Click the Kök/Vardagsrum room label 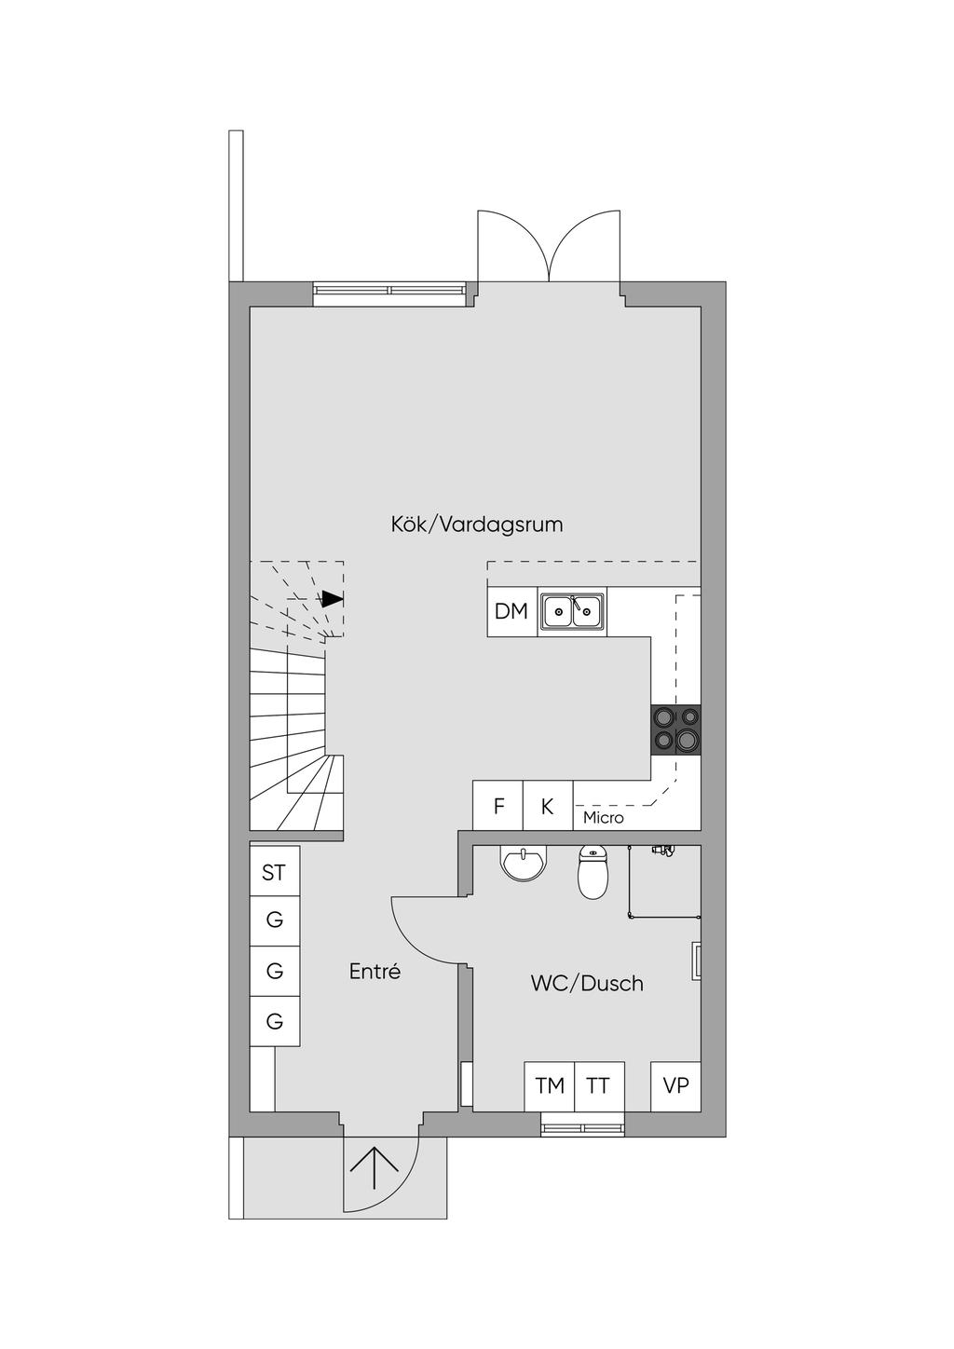[477, 525]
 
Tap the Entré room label [375, 972]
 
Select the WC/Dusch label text [587, 984]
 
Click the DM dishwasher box [511, 612]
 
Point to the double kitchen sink [572, 612]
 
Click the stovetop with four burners [676, 729]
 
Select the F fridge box [498, 806]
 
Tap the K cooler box [548, 806]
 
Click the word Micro [603, 818]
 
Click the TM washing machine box [550, 1086]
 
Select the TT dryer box [599, 1086]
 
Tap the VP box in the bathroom [675, 1086]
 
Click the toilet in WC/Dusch [593, 873]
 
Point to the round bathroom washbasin [524, 863]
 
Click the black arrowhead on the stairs [332, 599]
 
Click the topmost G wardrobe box [275, 920]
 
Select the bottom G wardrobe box [275, 1021]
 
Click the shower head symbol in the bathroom [662, 851]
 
